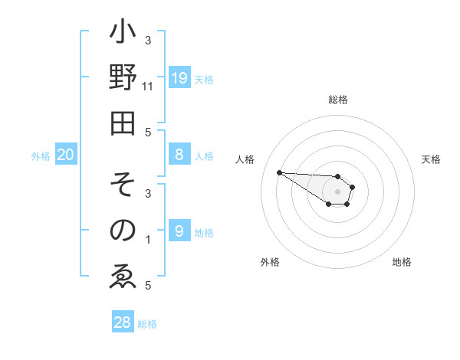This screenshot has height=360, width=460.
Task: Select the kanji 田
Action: tap(123, 123)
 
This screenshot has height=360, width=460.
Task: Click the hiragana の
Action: tap(123, 230)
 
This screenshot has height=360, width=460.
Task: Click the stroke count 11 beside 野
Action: tap(148, 87)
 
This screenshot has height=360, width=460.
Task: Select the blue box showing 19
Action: tap(179, 78)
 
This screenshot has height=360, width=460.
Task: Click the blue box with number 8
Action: tap(179, 155)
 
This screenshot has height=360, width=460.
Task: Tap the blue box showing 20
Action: tap(66, 155)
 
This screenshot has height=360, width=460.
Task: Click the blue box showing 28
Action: tap(123, 322)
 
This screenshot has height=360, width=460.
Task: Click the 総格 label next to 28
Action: tap(147, 324)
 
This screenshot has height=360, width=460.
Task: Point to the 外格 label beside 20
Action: tap(41, 156)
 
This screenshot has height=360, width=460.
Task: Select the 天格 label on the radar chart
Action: tap(431, 159)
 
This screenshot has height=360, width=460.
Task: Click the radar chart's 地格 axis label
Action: tap(402, 262)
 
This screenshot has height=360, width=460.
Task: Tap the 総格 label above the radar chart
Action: tap(337, 100)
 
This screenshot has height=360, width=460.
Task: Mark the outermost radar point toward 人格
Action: tap(279, 172)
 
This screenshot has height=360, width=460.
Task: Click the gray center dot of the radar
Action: tap(337, 191)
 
